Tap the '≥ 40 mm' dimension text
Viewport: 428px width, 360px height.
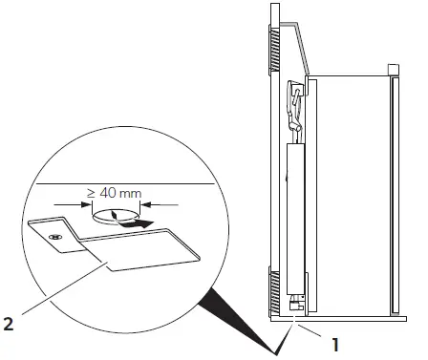click(x=115, y=194)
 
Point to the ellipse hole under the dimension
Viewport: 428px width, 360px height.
click(x=114, y=216)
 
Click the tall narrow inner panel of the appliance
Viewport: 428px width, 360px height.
click(x=295, y=220)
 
